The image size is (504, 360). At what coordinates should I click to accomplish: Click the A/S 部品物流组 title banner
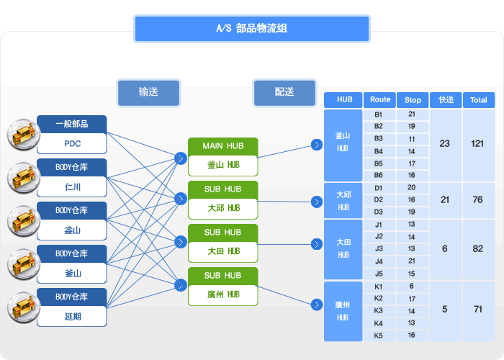252,29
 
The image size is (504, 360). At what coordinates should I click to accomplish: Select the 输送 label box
148,93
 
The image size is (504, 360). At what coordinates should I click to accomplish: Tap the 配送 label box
284,93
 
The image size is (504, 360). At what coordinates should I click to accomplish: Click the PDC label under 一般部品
72,144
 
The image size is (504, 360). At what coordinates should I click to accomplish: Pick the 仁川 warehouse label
72,186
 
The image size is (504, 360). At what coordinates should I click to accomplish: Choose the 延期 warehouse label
72,317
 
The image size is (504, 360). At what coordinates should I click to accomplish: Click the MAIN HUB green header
223,146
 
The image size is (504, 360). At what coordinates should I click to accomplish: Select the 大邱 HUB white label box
223,209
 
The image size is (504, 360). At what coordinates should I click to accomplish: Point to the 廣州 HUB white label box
223,294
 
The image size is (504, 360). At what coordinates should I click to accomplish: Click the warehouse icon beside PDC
24,135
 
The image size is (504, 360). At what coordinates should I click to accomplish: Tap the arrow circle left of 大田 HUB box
181,242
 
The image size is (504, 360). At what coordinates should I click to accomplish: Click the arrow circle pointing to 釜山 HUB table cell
317,145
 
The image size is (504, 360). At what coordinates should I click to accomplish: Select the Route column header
380,100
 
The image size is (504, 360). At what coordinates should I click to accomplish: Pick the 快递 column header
446,100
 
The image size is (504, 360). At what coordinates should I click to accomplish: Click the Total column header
479,100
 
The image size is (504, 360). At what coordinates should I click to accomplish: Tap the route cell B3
379,139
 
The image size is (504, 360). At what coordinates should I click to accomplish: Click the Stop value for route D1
412,188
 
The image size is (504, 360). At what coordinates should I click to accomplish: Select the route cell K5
379,336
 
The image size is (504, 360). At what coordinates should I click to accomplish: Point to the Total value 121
477,144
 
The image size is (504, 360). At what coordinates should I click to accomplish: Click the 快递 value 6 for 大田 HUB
445,249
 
